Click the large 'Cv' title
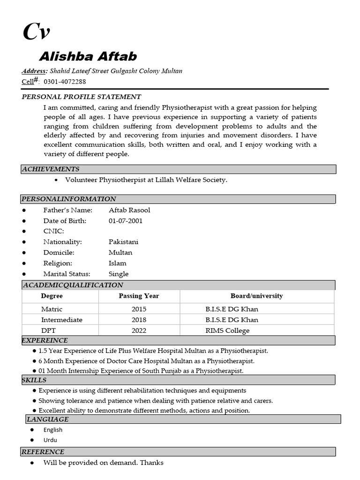click(x=37, y=32)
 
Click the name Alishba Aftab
click(x=88, y=57)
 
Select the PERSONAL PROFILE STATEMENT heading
click(x=82, y=97)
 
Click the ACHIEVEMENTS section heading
click(x=51, y=169)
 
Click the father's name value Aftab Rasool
click(x=129, y=210)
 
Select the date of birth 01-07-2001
click(x=126, y=221)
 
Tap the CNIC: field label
click(x=53, y=231)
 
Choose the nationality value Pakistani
click(x=123, y=242)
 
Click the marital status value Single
click(x=119, y=274)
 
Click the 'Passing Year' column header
click(x=139, y=296)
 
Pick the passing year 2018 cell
click(x=139, y=320)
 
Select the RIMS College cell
click(x=227, y=330)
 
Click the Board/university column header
click(x=256, y=296)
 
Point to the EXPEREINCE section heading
click(x=45, y=340)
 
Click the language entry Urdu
click(x=50, y=440)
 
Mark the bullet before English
click(x=32, y=430)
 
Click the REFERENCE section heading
click(x=43, y=452)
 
